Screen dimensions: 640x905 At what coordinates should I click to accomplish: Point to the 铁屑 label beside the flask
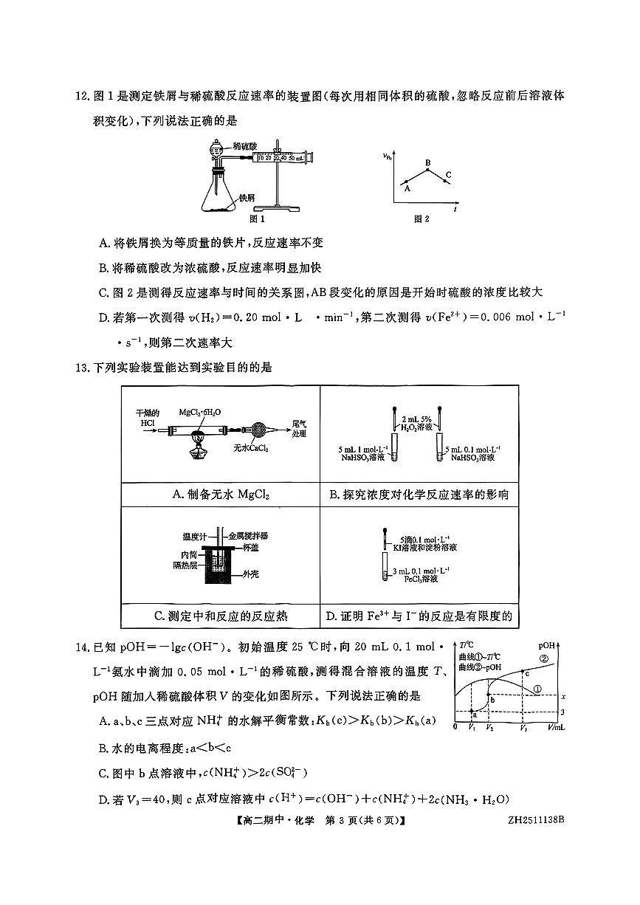click(x=247, y=198)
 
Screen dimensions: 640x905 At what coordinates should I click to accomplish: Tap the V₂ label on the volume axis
click(x=489, y=728)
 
